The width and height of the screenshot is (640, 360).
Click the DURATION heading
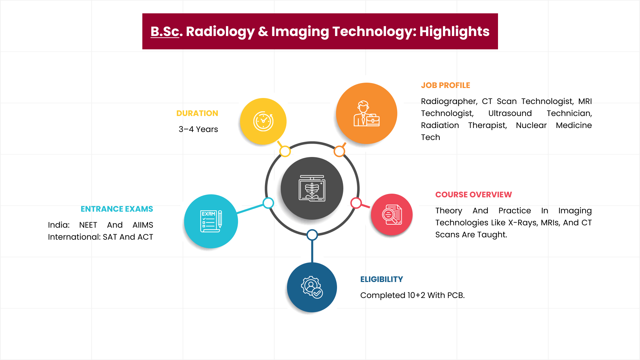pyautogui.click(x=197, y=113)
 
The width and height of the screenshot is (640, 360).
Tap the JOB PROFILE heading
pyautogui.click(x=445, y=85)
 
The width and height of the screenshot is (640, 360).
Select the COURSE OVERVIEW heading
pyautogui.click(x=473, y=195)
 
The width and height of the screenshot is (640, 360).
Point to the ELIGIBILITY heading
pyautogui.click(x=381, y=279)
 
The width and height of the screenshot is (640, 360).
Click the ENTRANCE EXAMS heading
pyautogui.click(x=117, y=209)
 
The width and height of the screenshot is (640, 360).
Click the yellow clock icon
pyautogui.click(x=263, y=121)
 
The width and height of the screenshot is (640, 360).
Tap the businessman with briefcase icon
pyautogui.click(x=366, y=114)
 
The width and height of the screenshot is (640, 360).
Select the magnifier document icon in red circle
pyautogui.click(x=392, y=215)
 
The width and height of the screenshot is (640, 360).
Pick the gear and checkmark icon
pyautogui.click(x=312, y=287)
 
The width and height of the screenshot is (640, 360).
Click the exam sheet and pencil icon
pyautogui.click(x=211, y=221)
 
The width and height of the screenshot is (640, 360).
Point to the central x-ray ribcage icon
pyautogui.click(x=312, y=188)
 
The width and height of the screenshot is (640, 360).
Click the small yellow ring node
pyautogui.click(x=285, y=151)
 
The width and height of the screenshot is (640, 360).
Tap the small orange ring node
pyautogui.click(x=339, y=151)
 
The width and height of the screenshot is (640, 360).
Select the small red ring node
pyautogui.click(x=356, y=203)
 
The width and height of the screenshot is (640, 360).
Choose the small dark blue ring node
pyautogui.click(x=312, y=235)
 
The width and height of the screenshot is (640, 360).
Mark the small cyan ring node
pyautogui.click(x=268, y=203)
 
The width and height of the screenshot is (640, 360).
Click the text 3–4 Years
pyautogui.click(x=198, y=129)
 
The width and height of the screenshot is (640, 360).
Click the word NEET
pyautogui.click(x=88, y=225)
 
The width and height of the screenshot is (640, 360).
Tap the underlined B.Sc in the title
pyautogui.click(x=165, y=31)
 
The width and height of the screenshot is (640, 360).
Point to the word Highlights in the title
pyautogui.click(x=454, y=31)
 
